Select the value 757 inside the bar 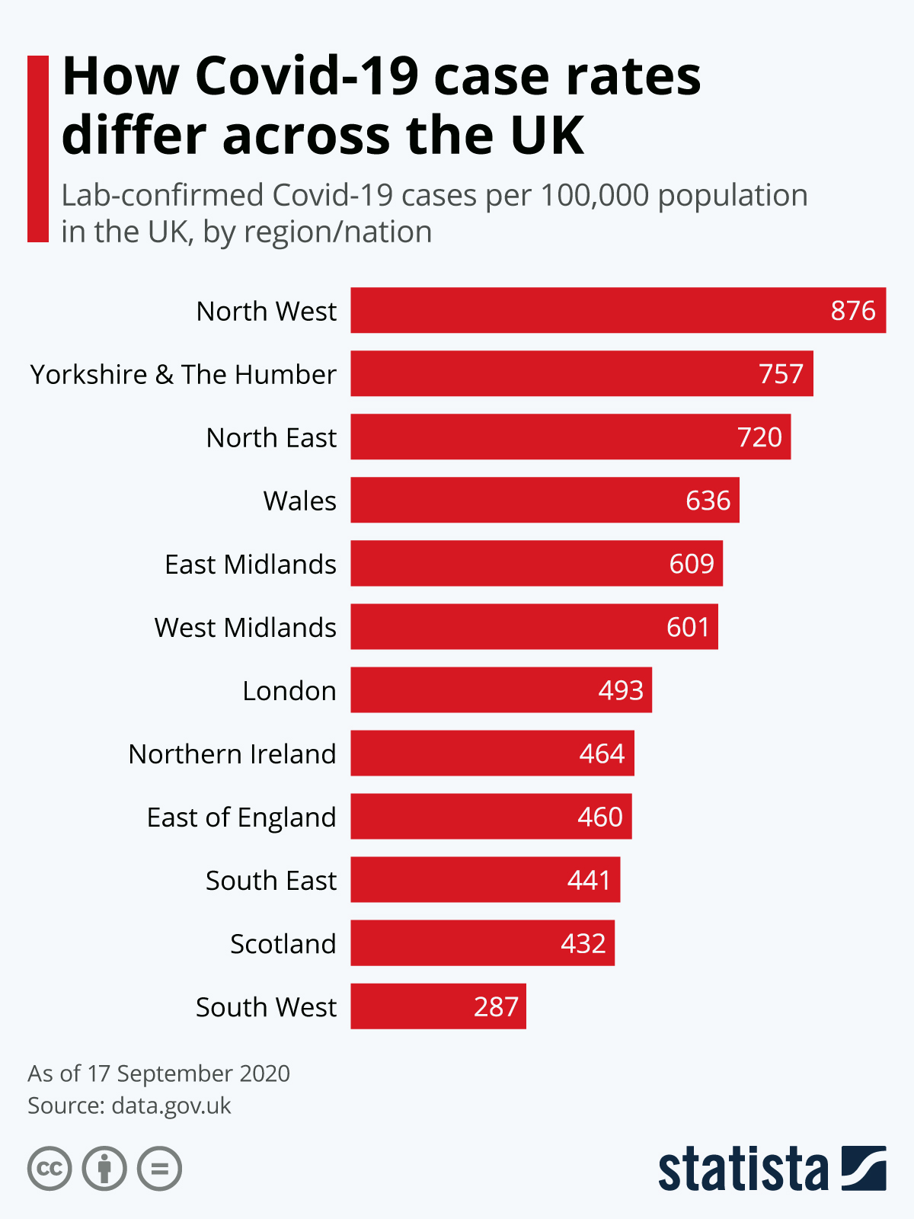(781, 374)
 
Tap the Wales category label (299, 501)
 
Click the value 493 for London (621, 690)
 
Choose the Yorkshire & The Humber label (183, 375)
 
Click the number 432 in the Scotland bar (583, 943)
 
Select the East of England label (241, 817)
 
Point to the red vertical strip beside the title (38, 149)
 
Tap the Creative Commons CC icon (50, 1169)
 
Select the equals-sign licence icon (160, 1169)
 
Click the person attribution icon (104, 1169)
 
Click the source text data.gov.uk (171, 1105)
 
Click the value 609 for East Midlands (692, 564)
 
